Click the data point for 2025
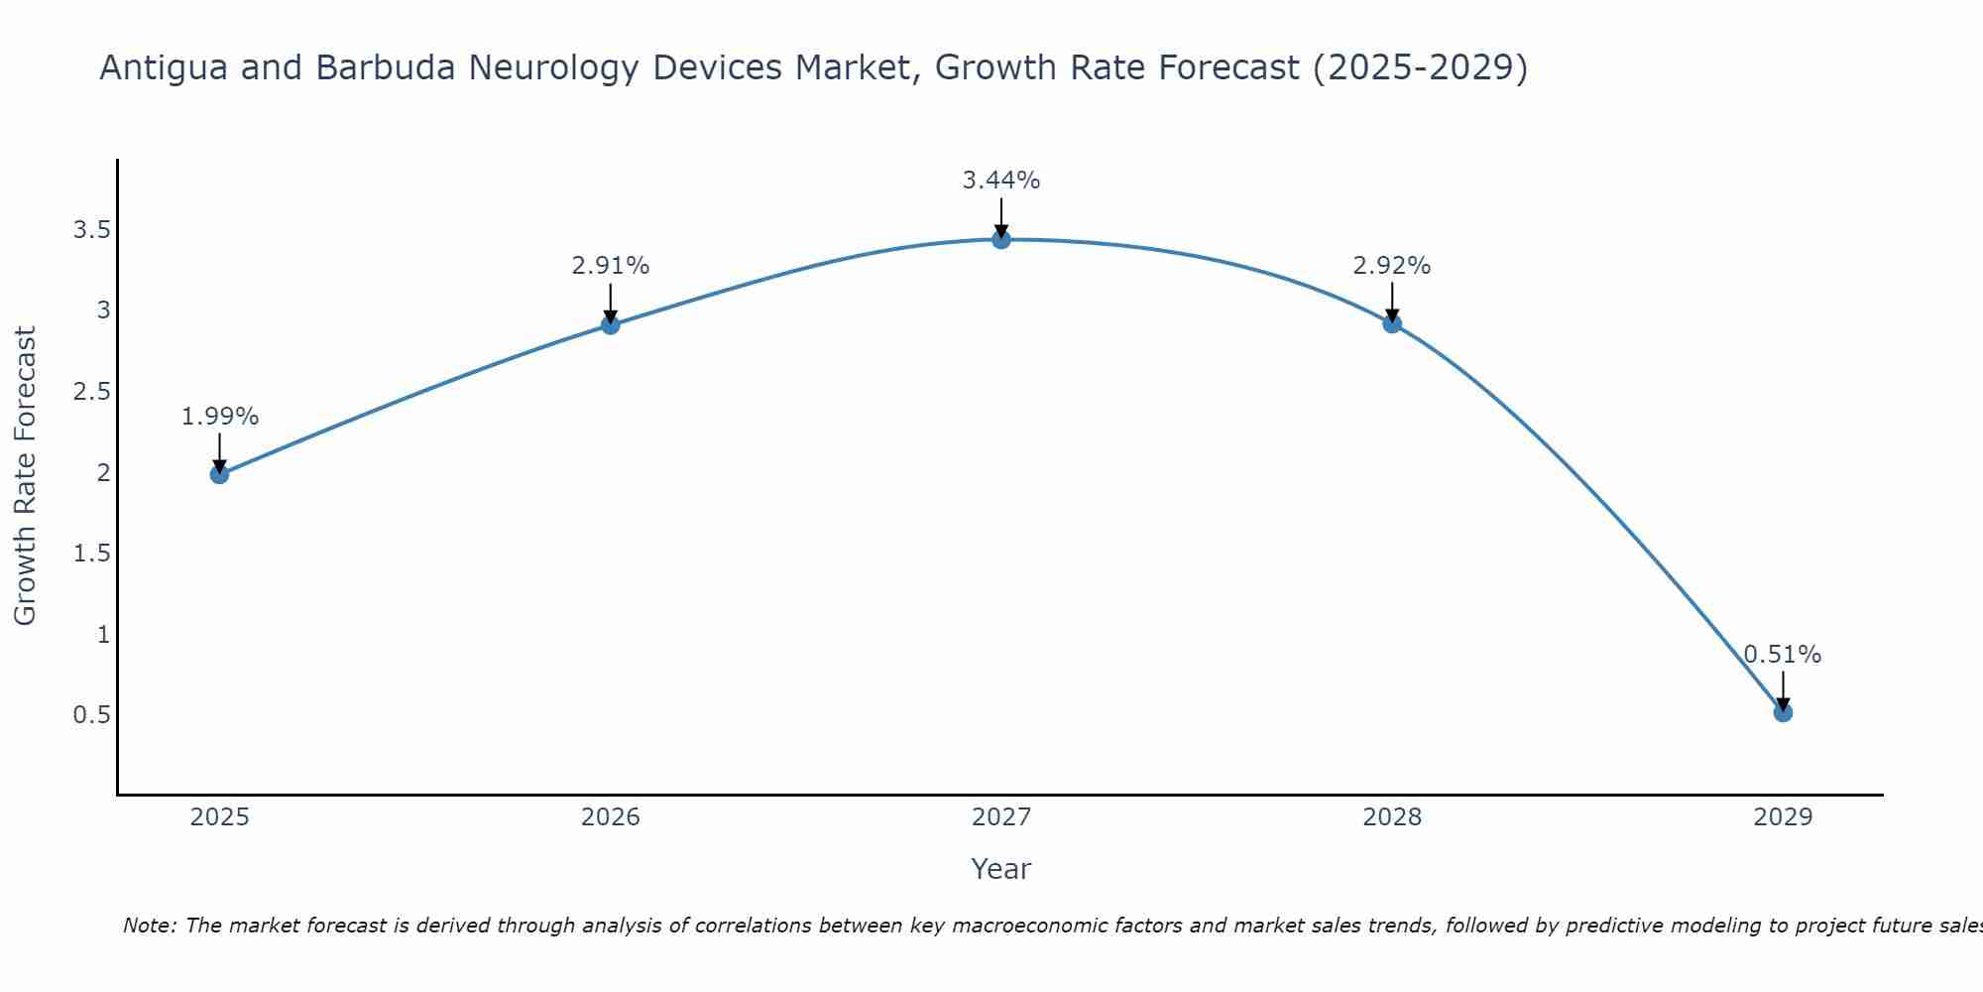219,474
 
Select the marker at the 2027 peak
1001,239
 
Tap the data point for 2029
1783,712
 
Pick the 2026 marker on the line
611,324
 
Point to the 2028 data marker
1392,323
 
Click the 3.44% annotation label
1001,181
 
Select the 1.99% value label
219,417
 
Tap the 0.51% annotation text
1783,655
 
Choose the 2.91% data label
611,266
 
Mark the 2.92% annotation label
1392,266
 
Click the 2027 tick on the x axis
1001,817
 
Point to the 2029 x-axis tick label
1783,817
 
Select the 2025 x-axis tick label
219,817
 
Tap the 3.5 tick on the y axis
91,230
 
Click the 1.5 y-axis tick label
91,554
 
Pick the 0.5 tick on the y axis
91,715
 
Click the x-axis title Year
1001,869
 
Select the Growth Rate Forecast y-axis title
25,476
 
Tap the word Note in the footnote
149,926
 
